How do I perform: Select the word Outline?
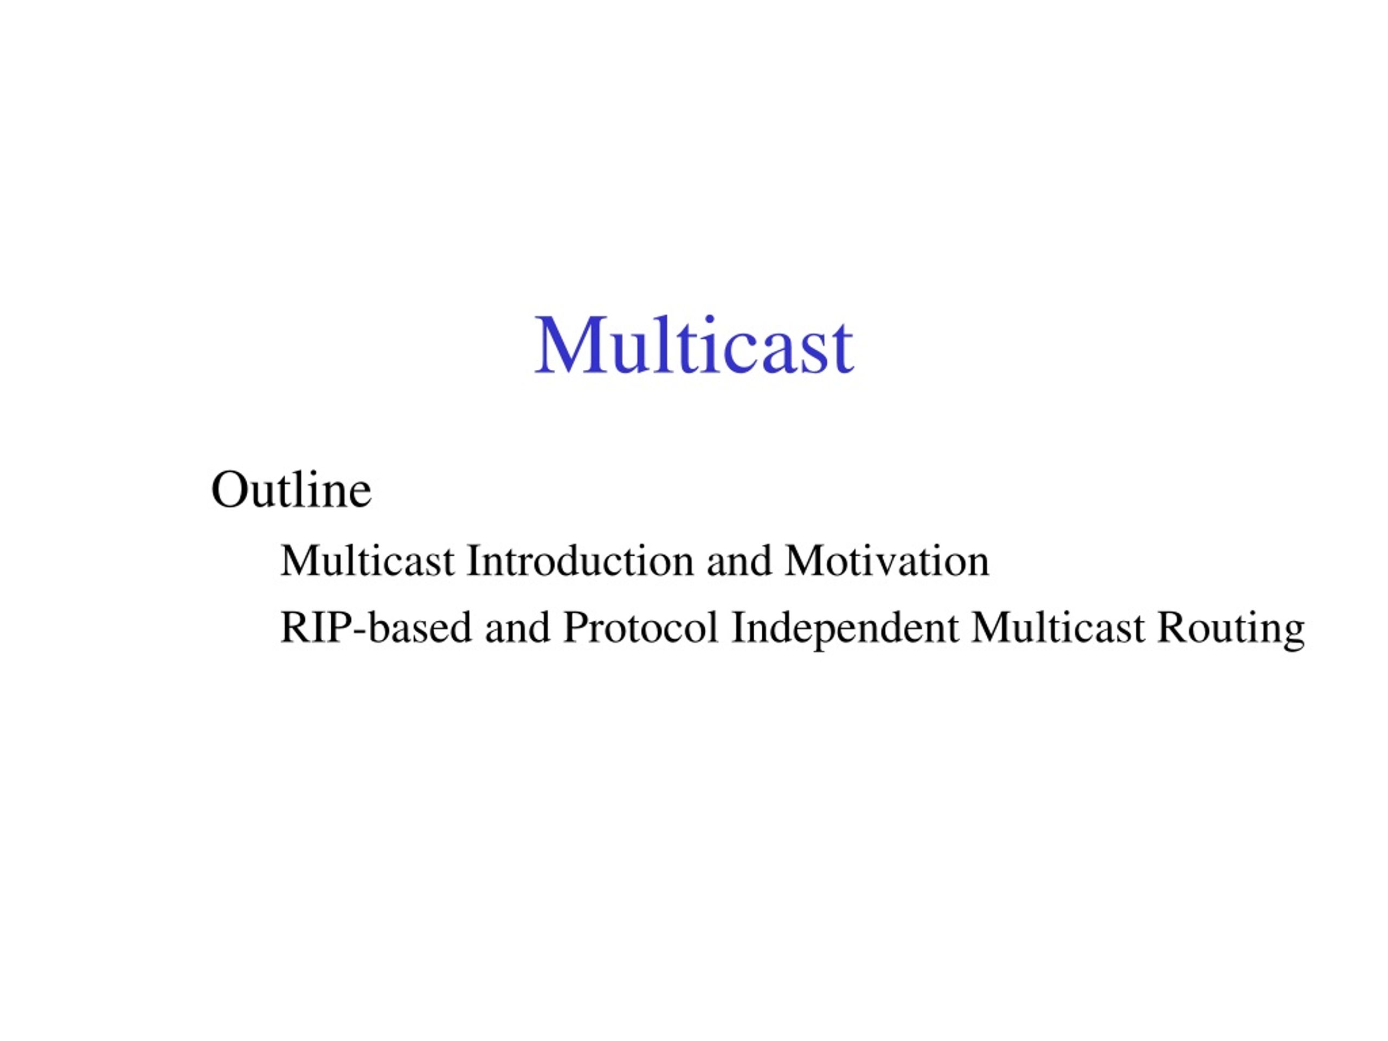click(291, 490)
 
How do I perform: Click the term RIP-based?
click(375, 627)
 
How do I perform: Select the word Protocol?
click(640, 627)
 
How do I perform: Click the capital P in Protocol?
click(575, 627)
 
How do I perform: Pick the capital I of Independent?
click(738, 627)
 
